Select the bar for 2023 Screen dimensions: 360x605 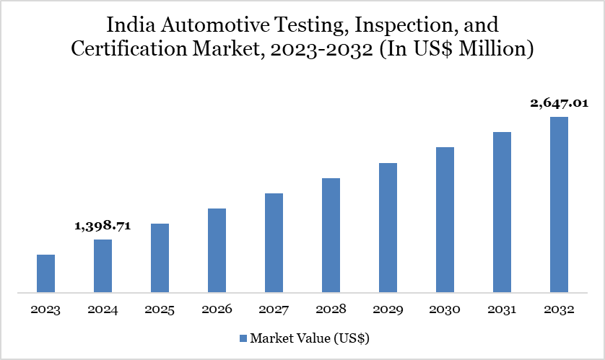click(x=45, y=273)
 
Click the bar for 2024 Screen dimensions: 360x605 click(x=103, y=266)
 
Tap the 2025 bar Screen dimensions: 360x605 click(x=160, y=258)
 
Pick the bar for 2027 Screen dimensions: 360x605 click(x=274, y=243)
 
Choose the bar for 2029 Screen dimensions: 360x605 click(x=388, y=228)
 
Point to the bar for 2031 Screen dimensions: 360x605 click(x=502, y=212)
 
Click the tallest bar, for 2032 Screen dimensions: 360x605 click(x=559, y=205)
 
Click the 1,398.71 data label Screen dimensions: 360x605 click(x=103, y=226)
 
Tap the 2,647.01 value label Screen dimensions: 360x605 click(x=559, y=103)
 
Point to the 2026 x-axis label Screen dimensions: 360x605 click(x=217, y=309)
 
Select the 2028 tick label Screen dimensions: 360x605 click(x=331, y=309)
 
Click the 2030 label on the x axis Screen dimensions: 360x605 click(x=445, y=309)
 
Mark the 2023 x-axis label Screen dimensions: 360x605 click(x=45, y=309)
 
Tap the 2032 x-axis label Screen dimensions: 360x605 click(x=559, y=309)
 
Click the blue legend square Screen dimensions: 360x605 click(x=243, y=338)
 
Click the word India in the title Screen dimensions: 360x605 click(x=128, y=25)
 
